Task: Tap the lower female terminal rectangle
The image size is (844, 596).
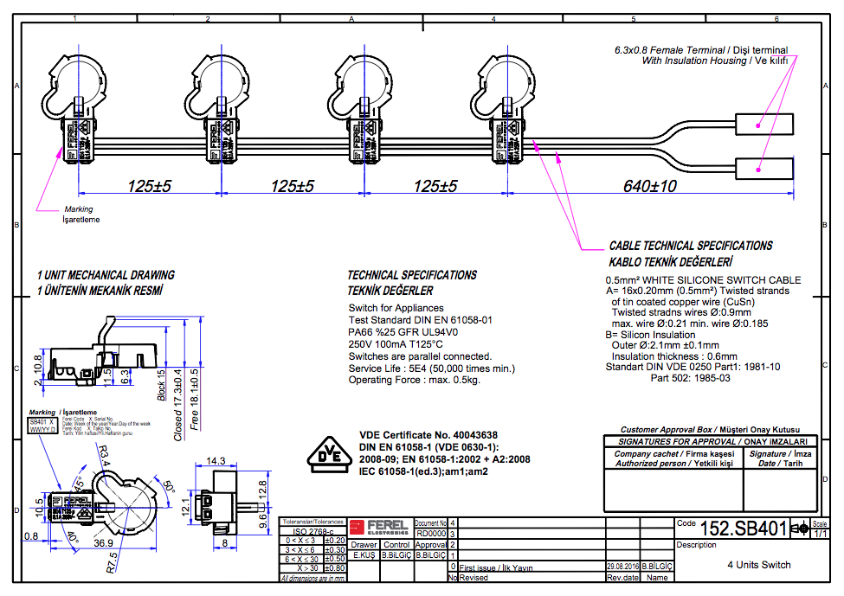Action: (764, 169)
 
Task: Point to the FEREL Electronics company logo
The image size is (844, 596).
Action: (380, 526)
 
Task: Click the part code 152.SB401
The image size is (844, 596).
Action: (743, 529)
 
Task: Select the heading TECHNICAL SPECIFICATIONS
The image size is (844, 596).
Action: (412, 275)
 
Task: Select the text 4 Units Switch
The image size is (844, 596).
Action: (758, 565)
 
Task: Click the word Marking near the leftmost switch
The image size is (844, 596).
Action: (79, 209)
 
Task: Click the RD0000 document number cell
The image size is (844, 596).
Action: (430, 534)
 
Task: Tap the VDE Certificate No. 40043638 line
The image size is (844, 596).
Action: (428, 435)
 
